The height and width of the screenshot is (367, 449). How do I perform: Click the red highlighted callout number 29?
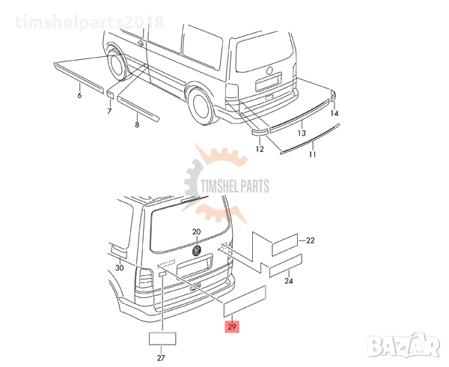pos(232,327)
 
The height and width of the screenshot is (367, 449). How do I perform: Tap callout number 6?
pos(79,95)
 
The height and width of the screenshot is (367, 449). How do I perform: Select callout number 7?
pos(109,111)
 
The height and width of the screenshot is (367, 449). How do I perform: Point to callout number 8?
pos(137,124)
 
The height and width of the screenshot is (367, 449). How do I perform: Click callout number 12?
pos(260,149)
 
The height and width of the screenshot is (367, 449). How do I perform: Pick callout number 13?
pos(302,133)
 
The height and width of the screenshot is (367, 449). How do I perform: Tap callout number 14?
pos(335,113)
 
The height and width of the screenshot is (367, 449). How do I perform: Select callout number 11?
pos(312,154)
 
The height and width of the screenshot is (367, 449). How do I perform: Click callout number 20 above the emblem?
pos(196,231)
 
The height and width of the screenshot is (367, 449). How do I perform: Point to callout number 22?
pos(310,240)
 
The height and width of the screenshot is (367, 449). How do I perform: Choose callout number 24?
pos(289,281)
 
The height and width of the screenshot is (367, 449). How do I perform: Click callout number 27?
pos(161,357)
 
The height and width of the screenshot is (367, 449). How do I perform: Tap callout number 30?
pos(120,268)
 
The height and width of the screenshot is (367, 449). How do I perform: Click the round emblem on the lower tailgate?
pos(197,250)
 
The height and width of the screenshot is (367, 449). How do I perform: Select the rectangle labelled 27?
pos(162,339)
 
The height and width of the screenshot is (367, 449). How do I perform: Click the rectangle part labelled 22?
pos(284,245)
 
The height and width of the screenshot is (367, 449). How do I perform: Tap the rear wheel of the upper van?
pos(201,106)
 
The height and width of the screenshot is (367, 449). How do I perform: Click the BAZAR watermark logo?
pos(404,345)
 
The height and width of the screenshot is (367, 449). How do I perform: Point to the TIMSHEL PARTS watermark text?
pos(235,186)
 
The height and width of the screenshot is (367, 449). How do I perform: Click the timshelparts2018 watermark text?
pos(90,22)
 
